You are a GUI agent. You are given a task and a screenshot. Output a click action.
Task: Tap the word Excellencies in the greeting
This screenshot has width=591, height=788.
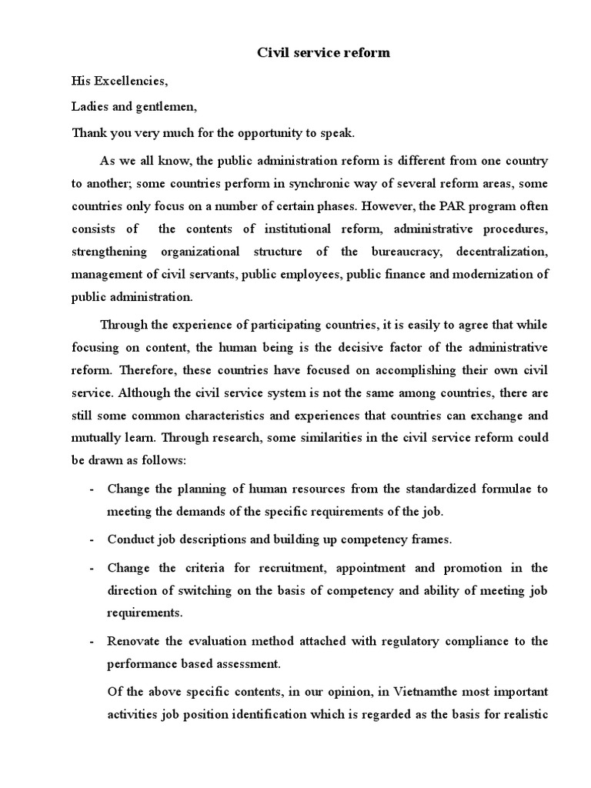click(x=131, y=80)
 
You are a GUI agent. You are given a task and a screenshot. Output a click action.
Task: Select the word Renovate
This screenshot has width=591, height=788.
click(x=134, y=640)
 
